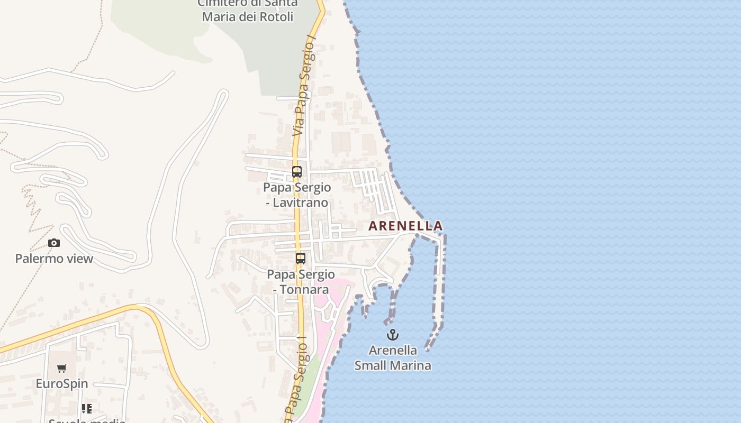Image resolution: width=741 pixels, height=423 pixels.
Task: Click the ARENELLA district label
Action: (x=405, y=226)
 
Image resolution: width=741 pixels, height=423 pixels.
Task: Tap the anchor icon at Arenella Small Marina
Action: (x=392, y=335)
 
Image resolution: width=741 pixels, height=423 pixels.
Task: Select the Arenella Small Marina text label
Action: (x=393, y=358)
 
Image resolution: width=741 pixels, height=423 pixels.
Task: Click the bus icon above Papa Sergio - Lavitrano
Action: (x=297, y=172)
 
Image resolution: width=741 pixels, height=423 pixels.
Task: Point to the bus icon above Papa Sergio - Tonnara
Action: (x=301, y=259)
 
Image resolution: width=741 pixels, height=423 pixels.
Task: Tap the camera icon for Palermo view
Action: (x=54, y=243)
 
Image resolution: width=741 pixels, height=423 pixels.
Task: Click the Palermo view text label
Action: (x=54, y=259)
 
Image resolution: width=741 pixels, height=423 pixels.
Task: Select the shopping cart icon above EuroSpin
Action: (x=62, y=369)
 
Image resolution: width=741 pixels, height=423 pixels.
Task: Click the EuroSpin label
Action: (x=62, y=384)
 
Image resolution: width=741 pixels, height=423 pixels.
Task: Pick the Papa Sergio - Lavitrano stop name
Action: (x=297, y=195)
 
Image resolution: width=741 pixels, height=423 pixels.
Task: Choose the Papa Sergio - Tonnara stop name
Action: (x=301, y=282)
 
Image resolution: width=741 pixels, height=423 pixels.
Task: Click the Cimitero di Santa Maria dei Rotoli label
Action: (x=248, y=10)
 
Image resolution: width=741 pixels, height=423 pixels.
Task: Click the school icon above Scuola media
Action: (x=87, y=409)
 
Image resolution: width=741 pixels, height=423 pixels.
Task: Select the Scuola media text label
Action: (x=87, y=421)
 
